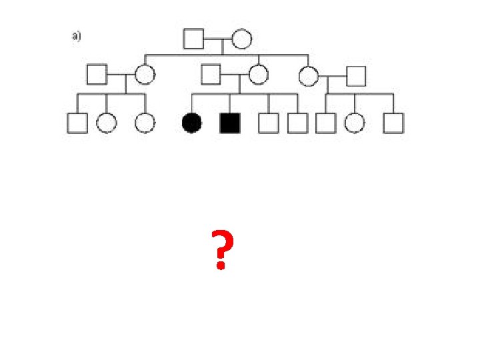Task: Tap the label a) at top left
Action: (x=77, y=37)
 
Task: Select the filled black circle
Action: (x=192, y=123)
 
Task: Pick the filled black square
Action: (x=230, y=123)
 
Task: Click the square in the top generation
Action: (x=193, y=39)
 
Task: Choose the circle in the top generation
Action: (x=241, y=39)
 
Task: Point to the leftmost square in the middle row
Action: (x=97, y=74)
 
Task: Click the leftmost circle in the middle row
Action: (x=145, y=74)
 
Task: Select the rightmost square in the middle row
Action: (x=357, y=76)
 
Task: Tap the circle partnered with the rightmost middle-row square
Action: (x=308, y=76)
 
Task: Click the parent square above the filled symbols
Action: (x=211, y=74)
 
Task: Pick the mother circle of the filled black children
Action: (x=259, y=74)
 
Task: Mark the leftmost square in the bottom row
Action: (x=77, y=123)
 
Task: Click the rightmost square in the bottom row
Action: (x=394, y=123)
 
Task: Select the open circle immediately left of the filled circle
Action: (x=145, y=123)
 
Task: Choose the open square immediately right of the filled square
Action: (x=269, y=123)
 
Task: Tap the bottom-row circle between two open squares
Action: (x=355, y=123)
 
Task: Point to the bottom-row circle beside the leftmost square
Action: (x=107, y=123)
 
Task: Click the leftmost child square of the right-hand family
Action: (x=326, y=123)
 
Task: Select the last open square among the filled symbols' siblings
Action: (x=297, y=123)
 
